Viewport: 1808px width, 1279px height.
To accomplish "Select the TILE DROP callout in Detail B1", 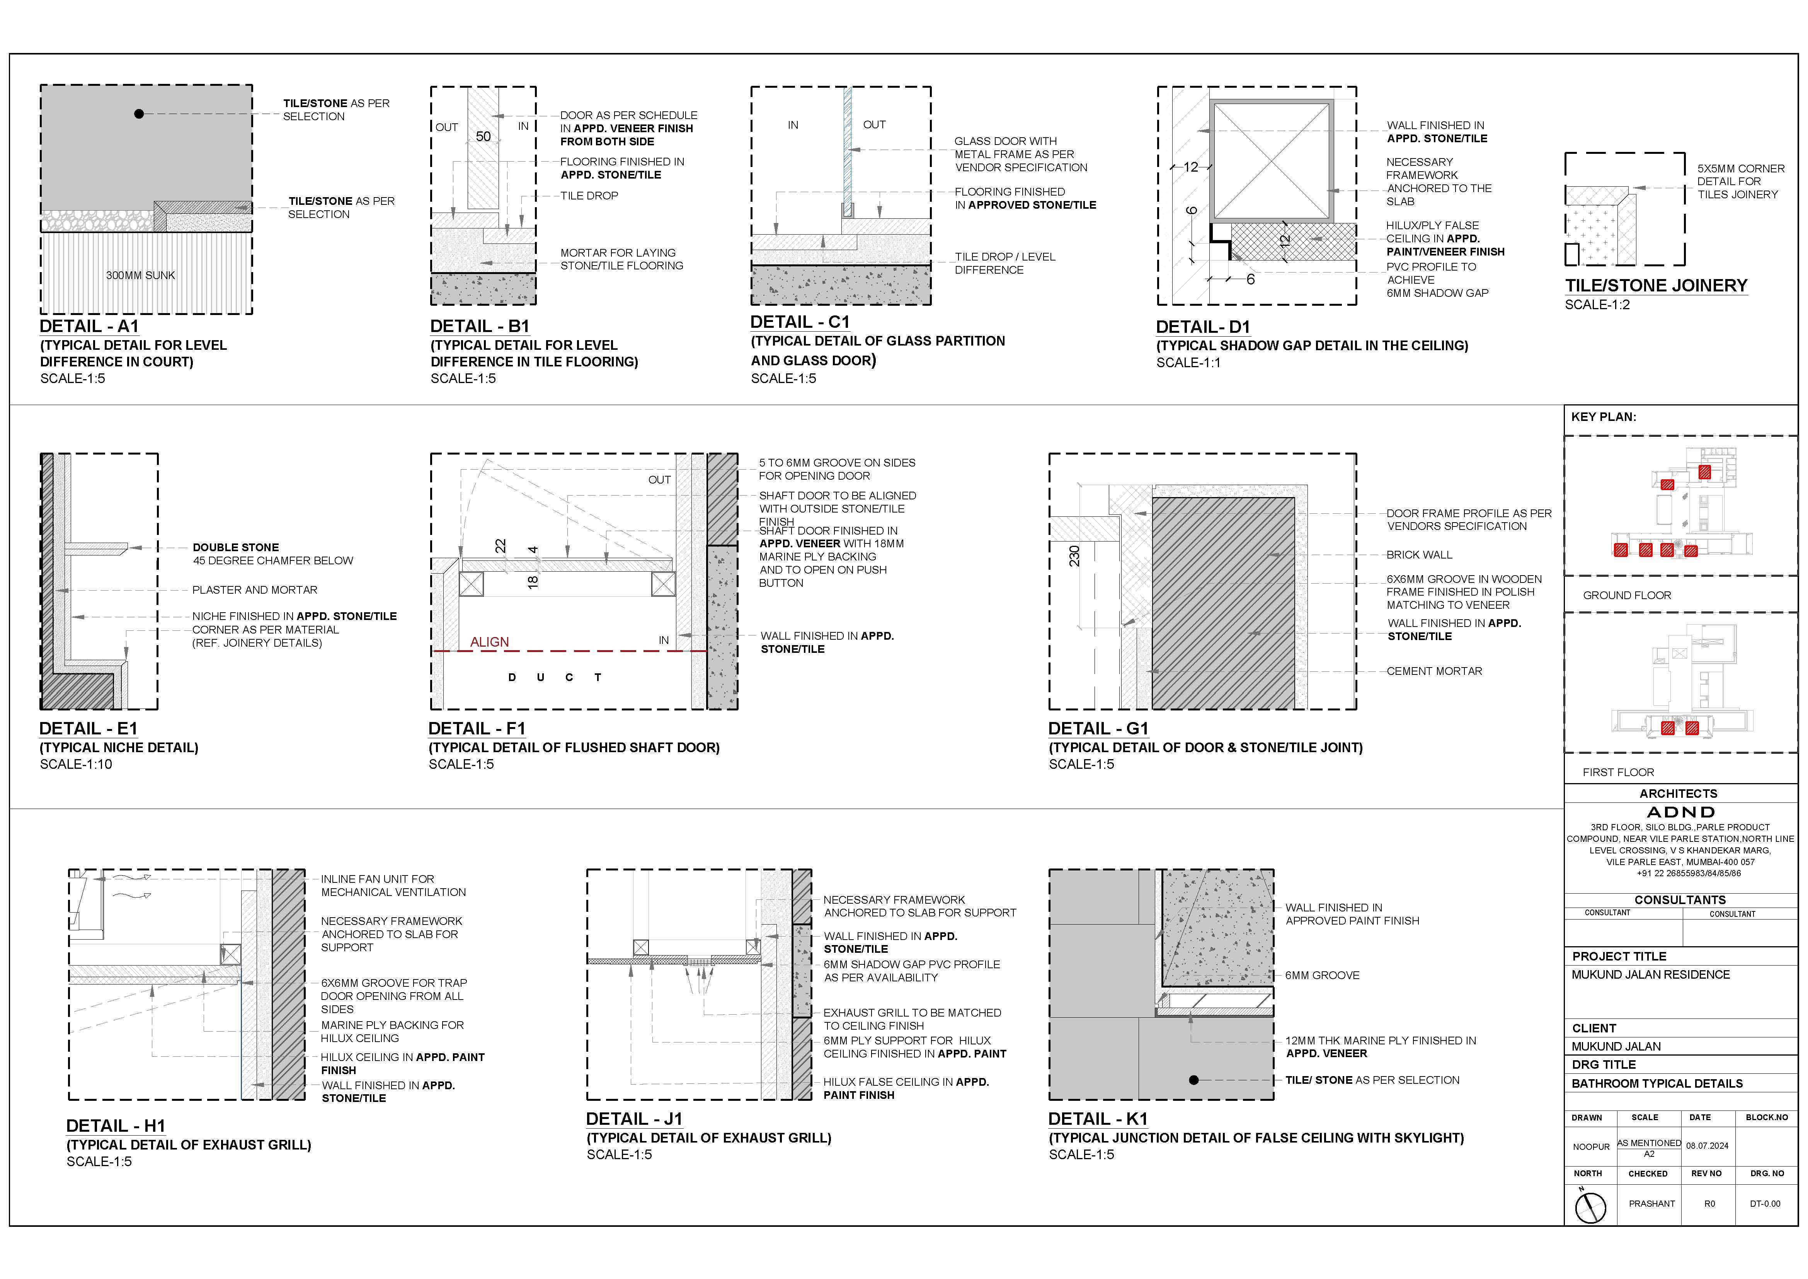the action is click(589, 195).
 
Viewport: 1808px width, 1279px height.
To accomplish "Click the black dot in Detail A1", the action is click(140, 114).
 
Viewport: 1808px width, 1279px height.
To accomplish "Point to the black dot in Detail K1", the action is click(1194, 1081).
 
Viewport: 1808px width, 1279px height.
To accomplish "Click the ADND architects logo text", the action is click(1680, 812).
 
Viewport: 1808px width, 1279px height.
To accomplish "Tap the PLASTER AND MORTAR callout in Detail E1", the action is click(254, 590).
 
